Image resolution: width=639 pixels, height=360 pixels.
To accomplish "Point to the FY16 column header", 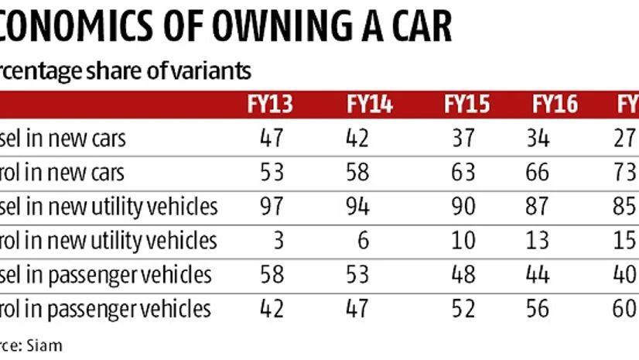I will (555, 105).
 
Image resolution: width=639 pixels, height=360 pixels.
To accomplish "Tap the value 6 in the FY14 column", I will (364, 241).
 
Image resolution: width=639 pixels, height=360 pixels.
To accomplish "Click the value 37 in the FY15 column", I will (463, 139).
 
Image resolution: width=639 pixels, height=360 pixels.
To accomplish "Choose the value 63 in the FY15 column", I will (463, 173).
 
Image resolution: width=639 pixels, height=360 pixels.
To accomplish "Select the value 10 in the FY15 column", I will (463, 241).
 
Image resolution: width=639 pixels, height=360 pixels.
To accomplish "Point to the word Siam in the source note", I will (46, 345).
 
